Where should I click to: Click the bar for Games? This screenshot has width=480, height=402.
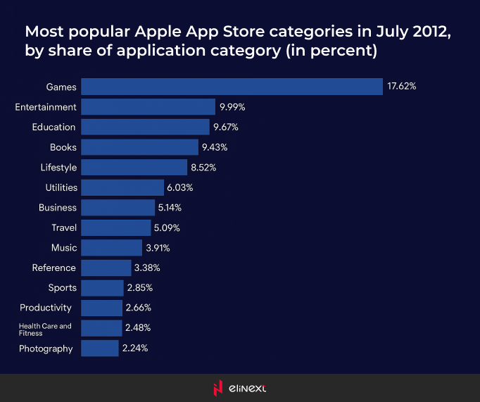pyautogui.click(x=232, y=87)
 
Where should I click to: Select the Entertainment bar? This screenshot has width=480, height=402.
pyautogui.click(x=148, y=107)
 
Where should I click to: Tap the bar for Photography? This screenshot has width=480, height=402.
pyautogui.click(x=99, y=348)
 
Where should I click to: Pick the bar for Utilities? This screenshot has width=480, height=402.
pyautogui.click(x=122, y=187)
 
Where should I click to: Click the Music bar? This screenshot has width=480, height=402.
pyautogui.click(x=111, y=248)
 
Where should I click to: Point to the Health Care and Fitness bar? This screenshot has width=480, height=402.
pyautogui.click(x=101, y=328)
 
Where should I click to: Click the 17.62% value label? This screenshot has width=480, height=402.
pyautogui.click(x=402, y=87)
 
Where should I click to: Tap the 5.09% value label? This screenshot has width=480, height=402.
pyautogui.click(x=167, y=227)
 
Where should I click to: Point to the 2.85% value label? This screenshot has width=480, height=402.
pyautogui.click(x=139, y=288)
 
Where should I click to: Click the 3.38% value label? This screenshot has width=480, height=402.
pyautogui.click(x=147, y=268)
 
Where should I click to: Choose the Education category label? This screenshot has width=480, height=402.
pyautogui.click(x=53, y=127)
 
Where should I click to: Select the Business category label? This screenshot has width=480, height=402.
pyautogui.click(x=58, y=208)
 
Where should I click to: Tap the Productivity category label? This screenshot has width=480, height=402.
pyautogui.click(x=46, y=308)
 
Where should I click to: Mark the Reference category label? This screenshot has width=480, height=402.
pyautogui.click(x=53, y=268)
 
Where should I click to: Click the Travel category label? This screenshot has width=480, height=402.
pyautogui.click(x=63, y=227)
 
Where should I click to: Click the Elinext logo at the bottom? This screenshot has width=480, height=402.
pyautogui.click(x=239, y=388)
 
